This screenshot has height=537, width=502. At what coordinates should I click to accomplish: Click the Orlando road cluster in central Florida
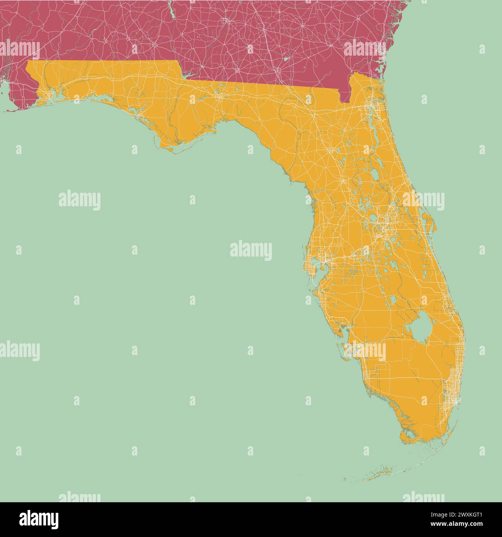386,224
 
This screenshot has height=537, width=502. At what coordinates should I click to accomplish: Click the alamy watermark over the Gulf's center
251,250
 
